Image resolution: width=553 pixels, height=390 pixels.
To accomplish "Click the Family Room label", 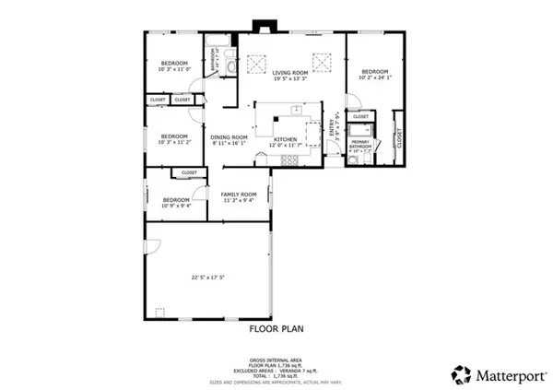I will [238, 195].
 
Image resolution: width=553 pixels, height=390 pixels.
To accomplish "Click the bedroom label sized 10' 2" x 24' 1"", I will [374, 72].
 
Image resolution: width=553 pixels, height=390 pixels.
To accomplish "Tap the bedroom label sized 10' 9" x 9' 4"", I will [176, 200].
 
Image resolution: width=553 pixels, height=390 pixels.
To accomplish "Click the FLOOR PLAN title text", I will [276, 327].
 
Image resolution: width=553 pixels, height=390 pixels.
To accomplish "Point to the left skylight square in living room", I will [255, 64].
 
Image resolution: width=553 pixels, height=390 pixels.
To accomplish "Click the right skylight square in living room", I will [322, 64].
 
